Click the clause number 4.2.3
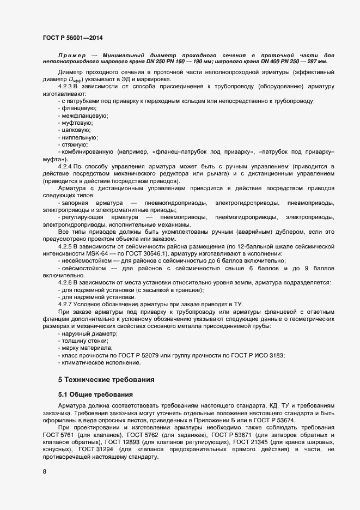[x=65, y=87]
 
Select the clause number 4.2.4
[x=65, y=166]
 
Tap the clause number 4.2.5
[x=65, y=246]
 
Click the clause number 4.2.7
[x=65, y=303]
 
